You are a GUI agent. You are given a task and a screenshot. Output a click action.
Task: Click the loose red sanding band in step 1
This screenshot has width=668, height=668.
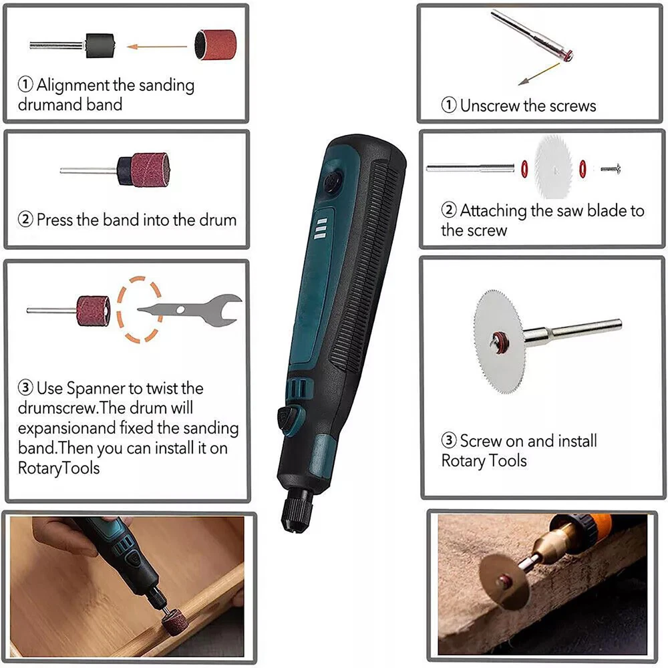(x=215, y=44)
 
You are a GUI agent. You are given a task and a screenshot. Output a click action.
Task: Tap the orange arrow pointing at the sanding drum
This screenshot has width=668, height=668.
(x=157, y=47)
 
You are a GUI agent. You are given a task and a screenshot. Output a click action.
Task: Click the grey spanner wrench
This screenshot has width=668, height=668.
(x=190, y=309)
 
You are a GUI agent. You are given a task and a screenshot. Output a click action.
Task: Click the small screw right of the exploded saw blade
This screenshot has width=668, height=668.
(x=611, y=169)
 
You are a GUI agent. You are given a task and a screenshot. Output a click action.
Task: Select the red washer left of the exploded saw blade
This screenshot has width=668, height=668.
(x=524, y=169)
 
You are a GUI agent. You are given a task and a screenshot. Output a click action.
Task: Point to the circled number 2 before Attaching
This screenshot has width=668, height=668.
(x=449, y=210)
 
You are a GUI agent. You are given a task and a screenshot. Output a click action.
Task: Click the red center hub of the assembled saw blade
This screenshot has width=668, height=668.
(x=498, y=341)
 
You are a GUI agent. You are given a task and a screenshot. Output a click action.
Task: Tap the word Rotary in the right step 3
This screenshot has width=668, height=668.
(x=463, y=461)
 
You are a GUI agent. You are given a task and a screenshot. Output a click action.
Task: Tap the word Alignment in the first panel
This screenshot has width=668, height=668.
(x=73, y=86)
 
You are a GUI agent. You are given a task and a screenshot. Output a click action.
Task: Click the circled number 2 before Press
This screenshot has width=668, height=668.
(x=25, y=219)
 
